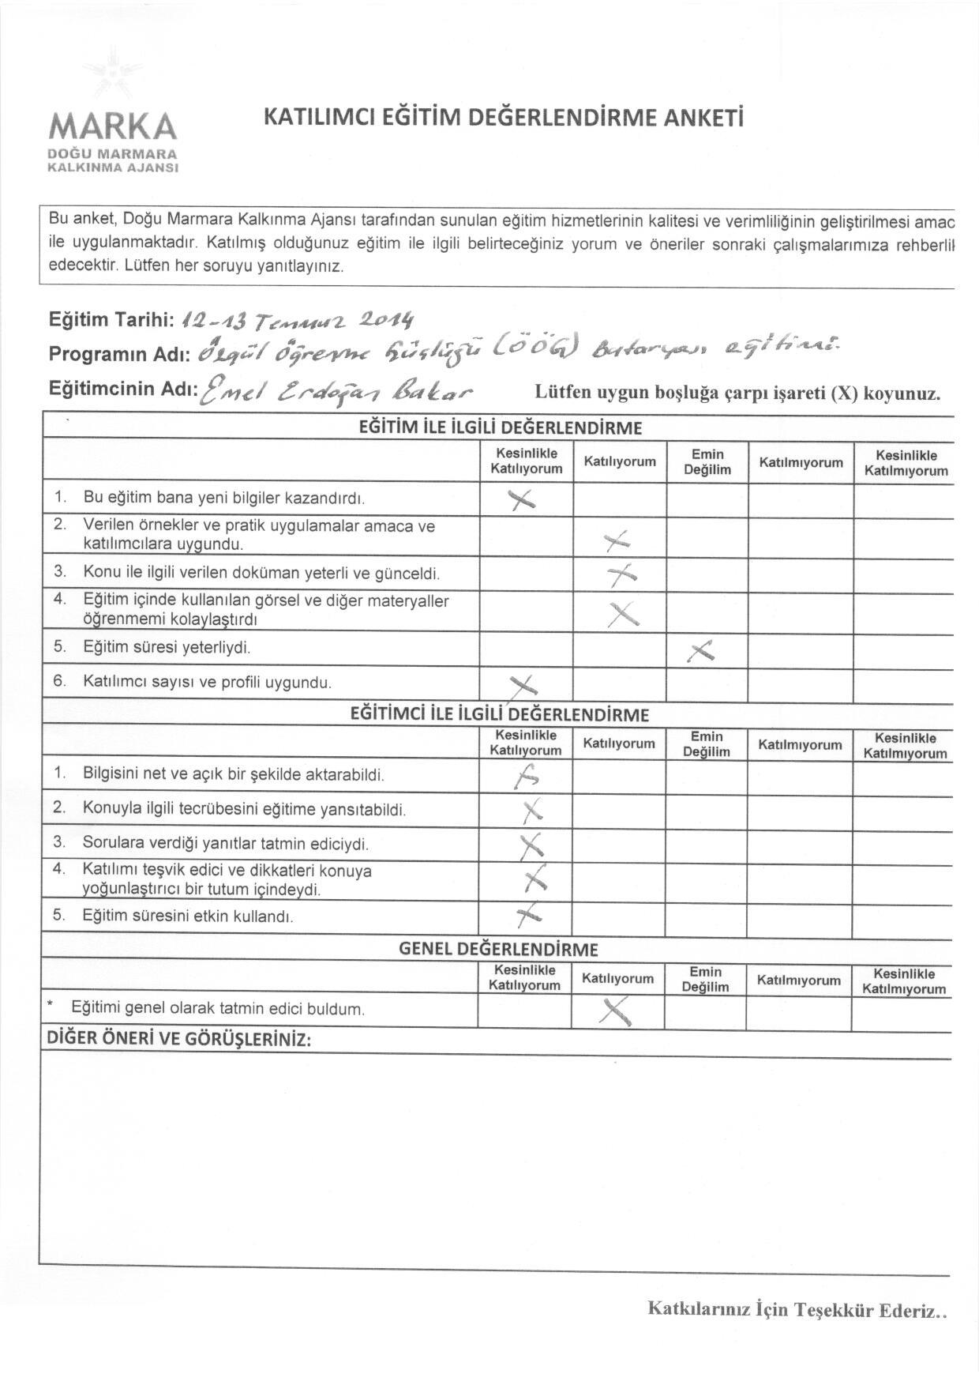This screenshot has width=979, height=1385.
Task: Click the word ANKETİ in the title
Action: tap(705, 118)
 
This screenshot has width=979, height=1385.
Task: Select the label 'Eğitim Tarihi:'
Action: tap(111, 320)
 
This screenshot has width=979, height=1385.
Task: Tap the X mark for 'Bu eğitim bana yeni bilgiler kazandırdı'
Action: tap(522, 499)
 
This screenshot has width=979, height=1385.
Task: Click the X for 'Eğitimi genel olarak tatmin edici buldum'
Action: tap(617, 1010)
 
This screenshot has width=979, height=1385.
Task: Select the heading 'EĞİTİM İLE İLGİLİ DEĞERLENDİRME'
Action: tap(501, 428)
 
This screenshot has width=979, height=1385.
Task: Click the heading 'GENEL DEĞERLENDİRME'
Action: tap(498, 949)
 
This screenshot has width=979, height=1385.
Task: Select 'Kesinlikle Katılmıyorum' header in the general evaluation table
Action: tap(904, 981)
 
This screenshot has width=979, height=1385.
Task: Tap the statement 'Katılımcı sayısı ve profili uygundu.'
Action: tap(207, 682)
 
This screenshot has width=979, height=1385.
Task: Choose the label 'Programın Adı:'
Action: tap(118, 354)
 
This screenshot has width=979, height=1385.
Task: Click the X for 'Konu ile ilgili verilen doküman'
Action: tap(621, 575)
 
